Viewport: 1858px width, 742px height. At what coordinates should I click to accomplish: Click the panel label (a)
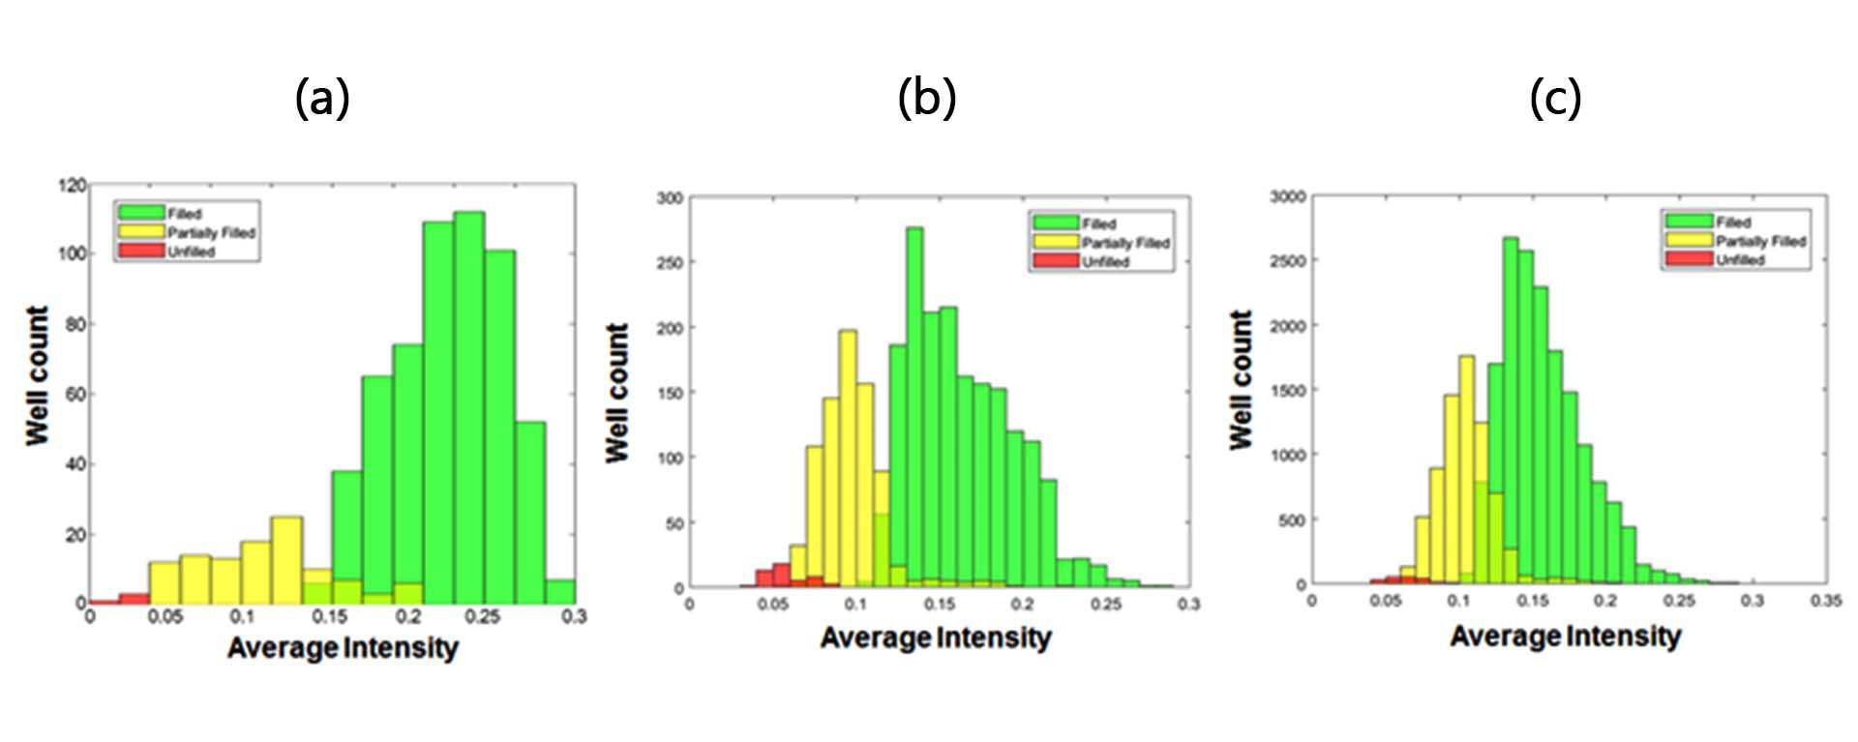point(322,98)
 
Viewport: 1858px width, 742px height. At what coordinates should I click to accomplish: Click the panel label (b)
point(927,98)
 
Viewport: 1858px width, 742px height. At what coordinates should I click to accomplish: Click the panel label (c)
point(1556,98)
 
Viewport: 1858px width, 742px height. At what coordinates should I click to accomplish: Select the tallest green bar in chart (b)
point(914,407)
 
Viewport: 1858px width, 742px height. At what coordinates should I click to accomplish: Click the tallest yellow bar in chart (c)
point(1467,469)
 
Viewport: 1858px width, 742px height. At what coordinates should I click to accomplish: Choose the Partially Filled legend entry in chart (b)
point(1101,243)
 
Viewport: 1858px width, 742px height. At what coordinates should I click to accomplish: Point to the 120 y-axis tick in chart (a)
point(74,184)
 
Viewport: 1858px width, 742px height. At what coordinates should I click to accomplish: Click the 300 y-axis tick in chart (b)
point(671,198)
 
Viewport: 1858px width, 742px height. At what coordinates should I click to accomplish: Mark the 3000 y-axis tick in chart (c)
point(1288,196)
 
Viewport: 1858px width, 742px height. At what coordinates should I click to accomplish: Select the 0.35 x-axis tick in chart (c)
point(1827,601)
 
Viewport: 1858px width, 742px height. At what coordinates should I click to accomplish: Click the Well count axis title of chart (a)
point(37,376)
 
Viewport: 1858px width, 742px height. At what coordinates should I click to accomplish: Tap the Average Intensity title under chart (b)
point(936,638)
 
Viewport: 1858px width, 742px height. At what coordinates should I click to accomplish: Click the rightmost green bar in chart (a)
point(560,591)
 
